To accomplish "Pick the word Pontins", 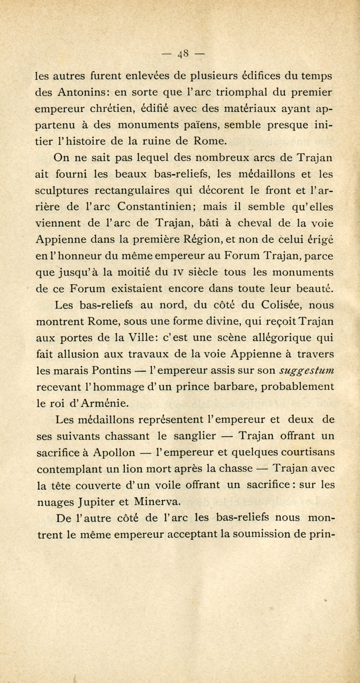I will pos(112,371).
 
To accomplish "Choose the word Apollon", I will pos(114,453).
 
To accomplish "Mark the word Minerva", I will pos(158,502).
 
